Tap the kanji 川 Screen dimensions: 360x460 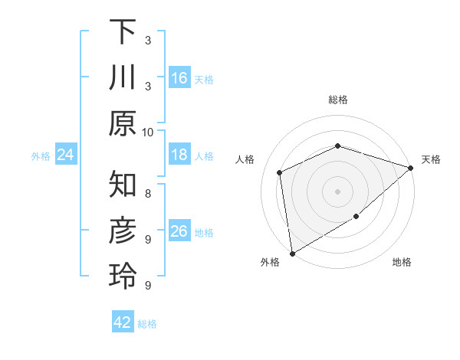pos(123,77)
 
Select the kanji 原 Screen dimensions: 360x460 pos(123,123)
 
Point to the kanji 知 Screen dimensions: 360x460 pos(123,185)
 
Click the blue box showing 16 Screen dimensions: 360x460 pos(179,77)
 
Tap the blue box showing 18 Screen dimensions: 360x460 pos(179,155)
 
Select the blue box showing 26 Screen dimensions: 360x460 pos(179,231)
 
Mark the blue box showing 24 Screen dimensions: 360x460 pos(65,155)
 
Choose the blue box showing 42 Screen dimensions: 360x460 pos(123,322)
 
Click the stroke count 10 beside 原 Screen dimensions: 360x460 pos(148,132)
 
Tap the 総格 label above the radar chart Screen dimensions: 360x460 pos(337,100)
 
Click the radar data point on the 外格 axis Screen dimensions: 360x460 pos(292,253)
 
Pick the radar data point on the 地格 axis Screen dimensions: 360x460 pos(356,218)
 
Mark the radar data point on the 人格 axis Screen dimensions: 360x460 pos(280,172)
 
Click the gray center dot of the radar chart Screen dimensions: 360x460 pos(337,191)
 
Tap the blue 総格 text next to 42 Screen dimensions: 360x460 pos(148,324)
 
